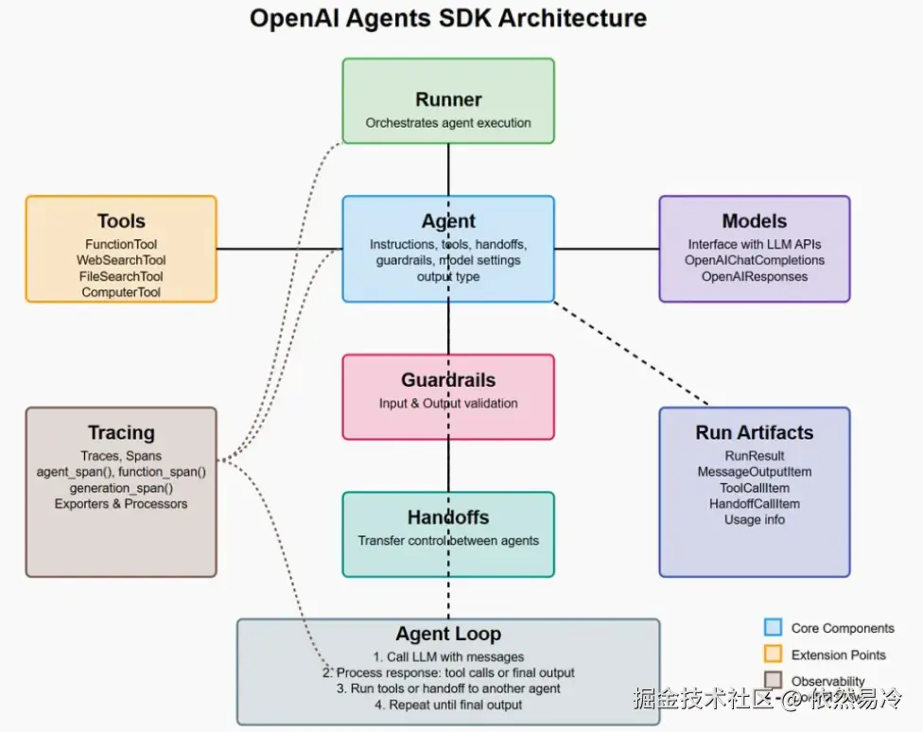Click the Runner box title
click(448, 99)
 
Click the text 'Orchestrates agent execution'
click(448, 123)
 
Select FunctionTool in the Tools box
click(121, 245)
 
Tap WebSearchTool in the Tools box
click(121, 261)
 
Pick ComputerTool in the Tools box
click(121, 293)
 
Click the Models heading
click(754, 221)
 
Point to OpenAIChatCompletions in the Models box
click(755, 261)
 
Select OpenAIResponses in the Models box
click(755, 277)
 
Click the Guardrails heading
click(448, 380)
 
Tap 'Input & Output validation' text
click(448, 404)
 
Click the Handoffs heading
click(448, 517)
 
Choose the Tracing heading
click(121, 433)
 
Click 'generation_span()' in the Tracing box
click(121, 488)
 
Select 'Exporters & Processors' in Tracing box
click(121, 504)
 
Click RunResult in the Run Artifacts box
click(755, 457)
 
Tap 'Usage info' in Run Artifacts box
click(755, 520)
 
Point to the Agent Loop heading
click(448, 634)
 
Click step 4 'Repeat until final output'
click(448, 705)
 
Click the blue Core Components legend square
click(774, 627)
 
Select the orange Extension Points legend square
click(774, 654)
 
